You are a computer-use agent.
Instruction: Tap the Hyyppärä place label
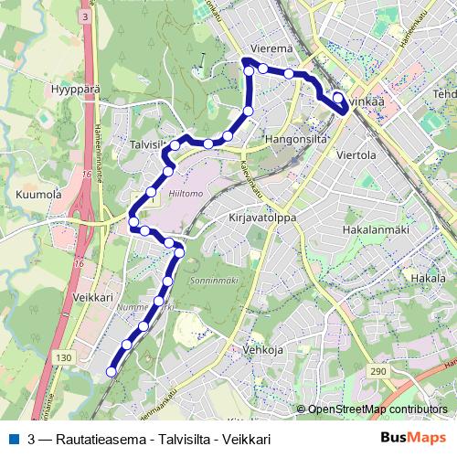(x=48, y=91)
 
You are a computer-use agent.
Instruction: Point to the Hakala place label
(x=428, y=277)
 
